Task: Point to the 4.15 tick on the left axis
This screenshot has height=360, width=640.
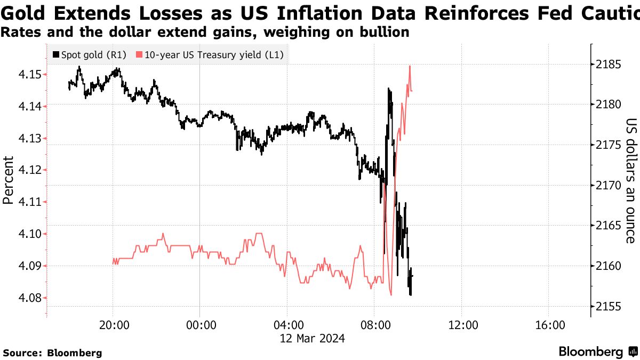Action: [x=23, y=74]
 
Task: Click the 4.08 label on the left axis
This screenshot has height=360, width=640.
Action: [x=23, y=298]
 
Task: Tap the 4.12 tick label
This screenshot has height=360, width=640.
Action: [x=23, y=170]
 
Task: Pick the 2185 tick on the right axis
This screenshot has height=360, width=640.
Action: [x=610, y=65]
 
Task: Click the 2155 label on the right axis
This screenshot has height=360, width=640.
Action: [x=610, y=306]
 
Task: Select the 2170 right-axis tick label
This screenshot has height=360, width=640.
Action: [x=610, y=186]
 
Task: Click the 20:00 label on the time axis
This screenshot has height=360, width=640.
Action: [x=113, y=325]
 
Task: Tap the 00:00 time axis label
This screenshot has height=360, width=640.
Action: [x=199, y=325]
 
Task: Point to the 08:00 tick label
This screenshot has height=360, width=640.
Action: [x=374, y=325]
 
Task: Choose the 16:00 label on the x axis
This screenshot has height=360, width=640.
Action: [x=549, y=325]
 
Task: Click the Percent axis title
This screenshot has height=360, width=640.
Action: [x=8, y=180]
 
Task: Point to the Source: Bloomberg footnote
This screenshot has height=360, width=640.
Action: [x=52, y=353]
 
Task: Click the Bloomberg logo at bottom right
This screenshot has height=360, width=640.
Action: [x=597, y=352]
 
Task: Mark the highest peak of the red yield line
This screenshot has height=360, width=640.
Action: [x=410, y=66]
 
